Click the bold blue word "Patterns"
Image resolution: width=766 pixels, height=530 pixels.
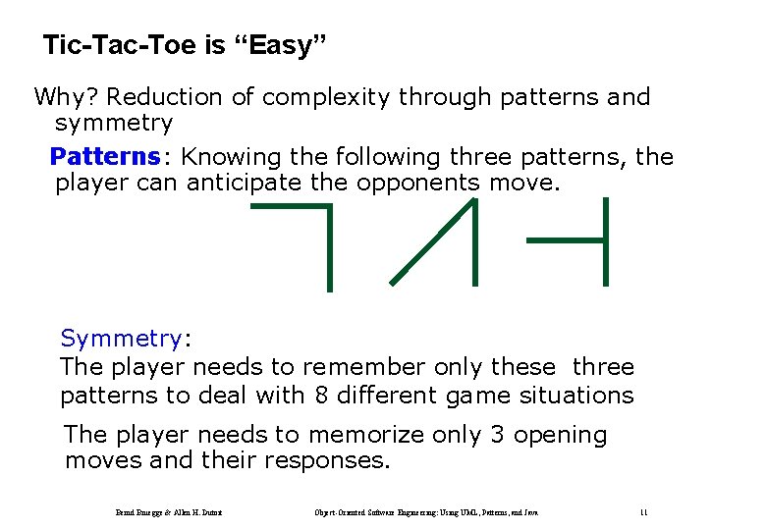105,157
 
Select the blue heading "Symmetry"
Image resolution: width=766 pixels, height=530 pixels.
121,339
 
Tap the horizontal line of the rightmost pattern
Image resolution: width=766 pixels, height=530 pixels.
565,238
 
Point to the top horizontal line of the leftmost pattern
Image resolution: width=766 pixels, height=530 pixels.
291,207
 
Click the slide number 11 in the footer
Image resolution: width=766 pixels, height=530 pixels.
643,512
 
